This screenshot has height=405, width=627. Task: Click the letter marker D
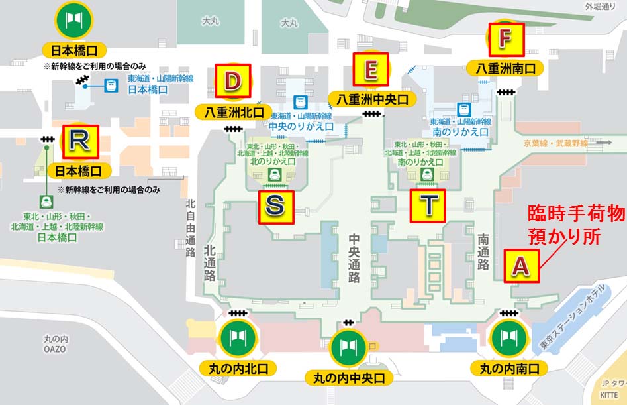[232, 82]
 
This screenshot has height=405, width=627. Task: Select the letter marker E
[371, 69]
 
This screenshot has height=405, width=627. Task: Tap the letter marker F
[505, 40]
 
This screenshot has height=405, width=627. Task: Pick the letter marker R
[79, 141]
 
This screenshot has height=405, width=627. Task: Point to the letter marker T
[429, 205]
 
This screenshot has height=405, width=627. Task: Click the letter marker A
[521, 266]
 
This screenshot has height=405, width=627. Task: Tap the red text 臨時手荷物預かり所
[575, 224]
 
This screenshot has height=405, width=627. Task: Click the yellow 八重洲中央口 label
[372, 99]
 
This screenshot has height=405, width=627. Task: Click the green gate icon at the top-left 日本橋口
[73, 20]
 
